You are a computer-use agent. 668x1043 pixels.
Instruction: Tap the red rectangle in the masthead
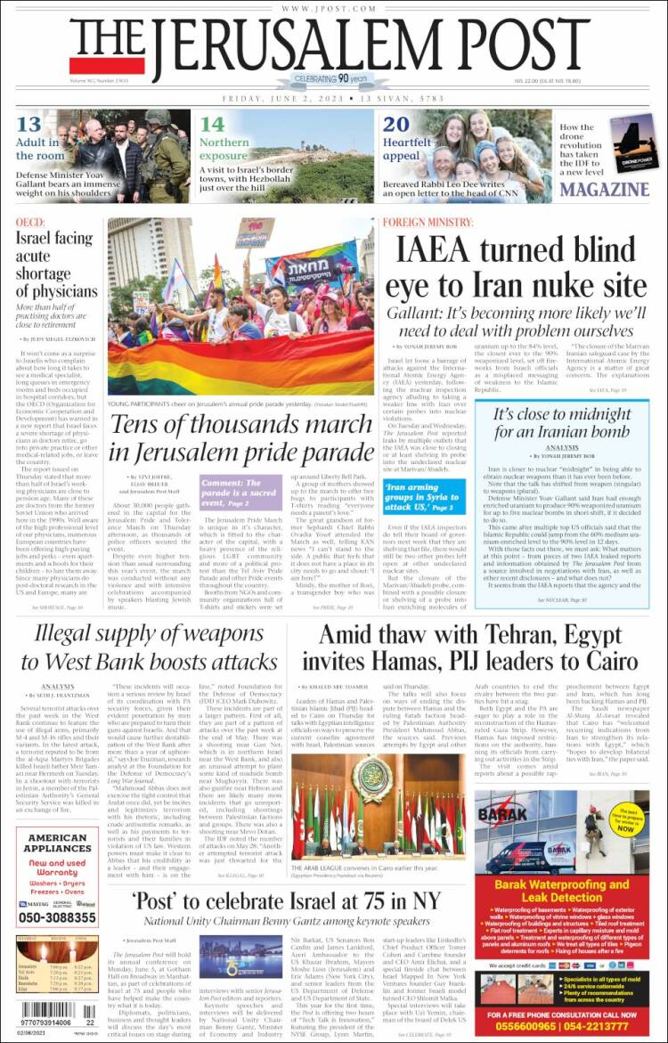[94, 65]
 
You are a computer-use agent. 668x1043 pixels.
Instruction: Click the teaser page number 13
[29, 125]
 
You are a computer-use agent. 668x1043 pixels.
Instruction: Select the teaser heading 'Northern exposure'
[224, 149]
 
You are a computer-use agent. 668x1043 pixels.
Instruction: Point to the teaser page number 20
[395, 125]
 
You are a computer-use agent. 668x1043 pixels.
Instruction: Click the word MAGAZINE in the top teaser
[605, 189]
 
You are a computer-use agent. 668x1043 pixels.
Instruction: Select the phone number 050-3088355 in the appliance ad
[58, 917]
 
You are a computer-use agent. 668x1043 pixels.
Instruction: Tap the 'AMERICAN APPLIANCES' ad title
[57, 843]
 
